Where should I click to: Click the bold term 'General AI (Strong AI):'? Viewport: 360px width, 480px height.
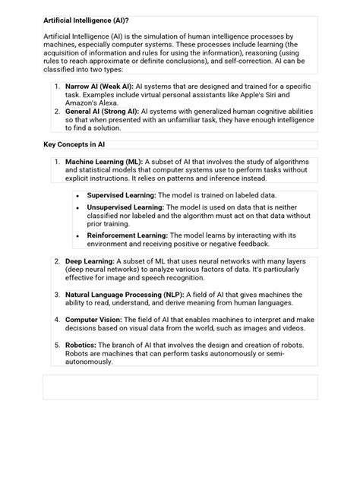[102, 112]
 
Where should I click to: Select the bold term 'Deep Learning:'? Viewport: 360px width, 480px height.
[90, 261]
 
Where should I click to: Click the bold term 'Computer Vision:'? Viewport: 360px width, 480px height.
[94, 320]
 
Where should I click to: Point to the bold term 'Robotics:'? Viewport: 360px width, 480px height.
[81, 345]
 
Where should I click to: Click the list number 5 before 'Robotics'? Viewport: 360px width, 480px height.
[57, 345]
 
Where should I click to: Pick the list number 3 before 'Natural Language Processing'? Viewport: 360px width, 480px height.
[57, 292]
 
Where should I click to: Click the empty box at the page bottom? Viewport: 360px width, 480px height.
[180, 387]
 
